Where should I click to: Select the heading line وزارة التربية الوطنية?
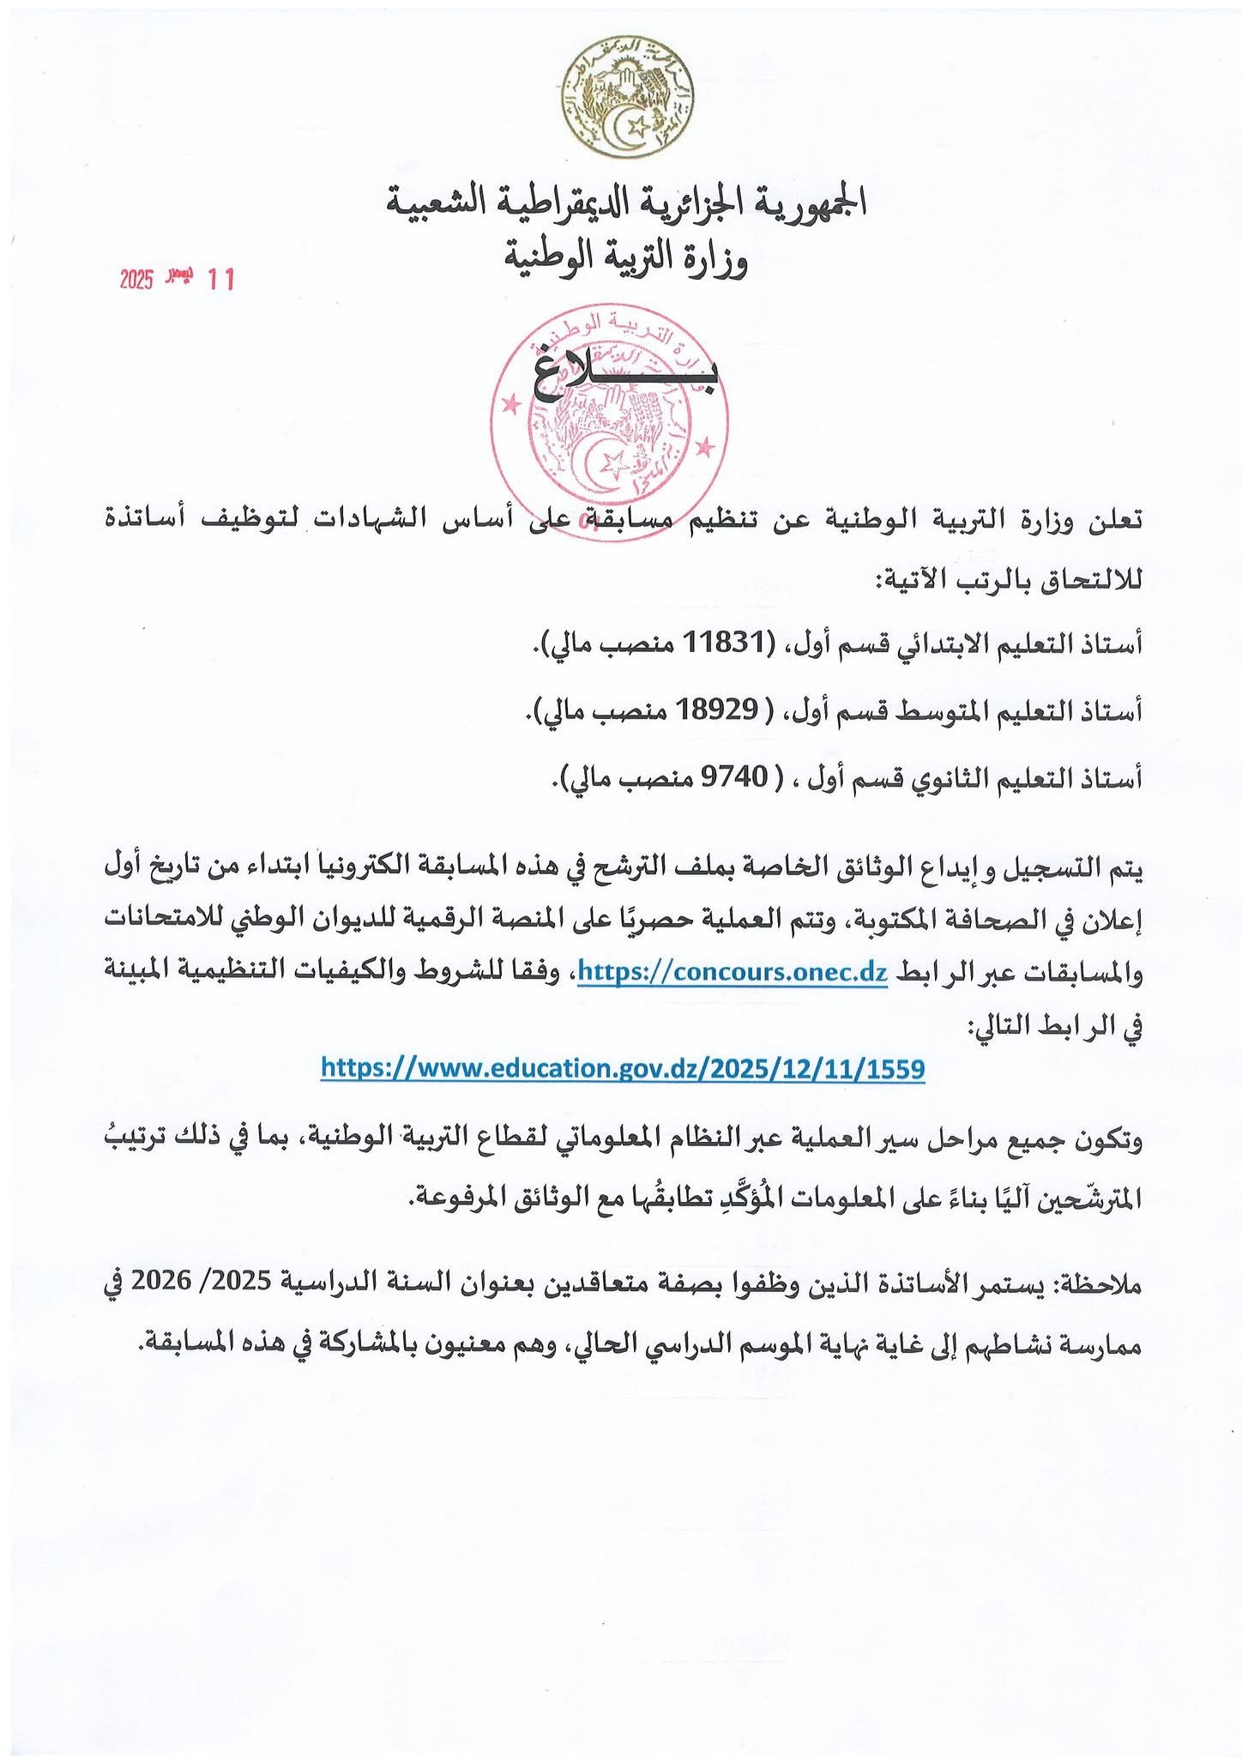click(625, 257)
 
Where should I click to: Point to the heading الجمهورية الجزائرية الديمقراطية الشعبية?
click(625, 202)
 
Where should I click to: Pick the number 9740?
click(736, 777)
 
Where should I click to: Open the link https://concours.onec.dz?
click(733, 972)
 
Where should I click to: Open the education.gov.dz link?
click(623, 1068)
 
